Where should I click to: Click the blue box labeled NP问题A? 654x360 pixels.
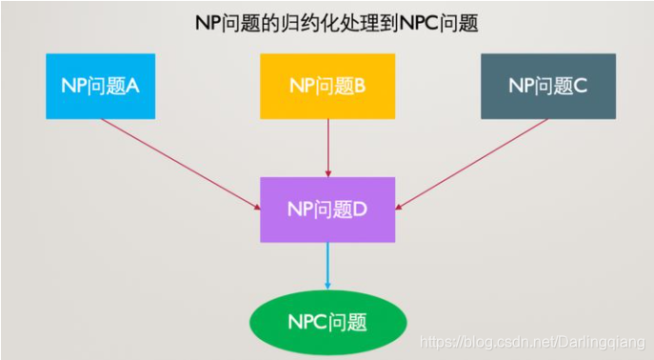pyautogui.click(x=100, y=86)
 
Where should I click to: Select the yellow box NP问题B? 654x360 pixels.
pyautogui.click(x=327, y=86)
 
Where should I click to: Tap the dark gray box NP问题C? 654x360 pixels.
pyautogui.click(x=547, y=86)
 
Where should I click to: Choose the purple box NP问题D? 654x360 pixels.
pyautogui.click(x=327, y=207)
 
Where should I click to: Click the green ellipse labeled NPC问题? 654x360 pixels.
pyautogui.click(x=328, y=322)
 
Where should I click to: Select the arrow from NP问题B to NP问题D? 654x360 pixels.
pyautogui.click(x=327, y=147)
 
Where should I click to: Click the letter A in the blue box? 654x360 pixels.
pyautogui.click(x=133, y=86)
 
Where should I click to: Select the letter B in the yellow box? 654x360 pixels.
pyautogui.click(x=360, y=86)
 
